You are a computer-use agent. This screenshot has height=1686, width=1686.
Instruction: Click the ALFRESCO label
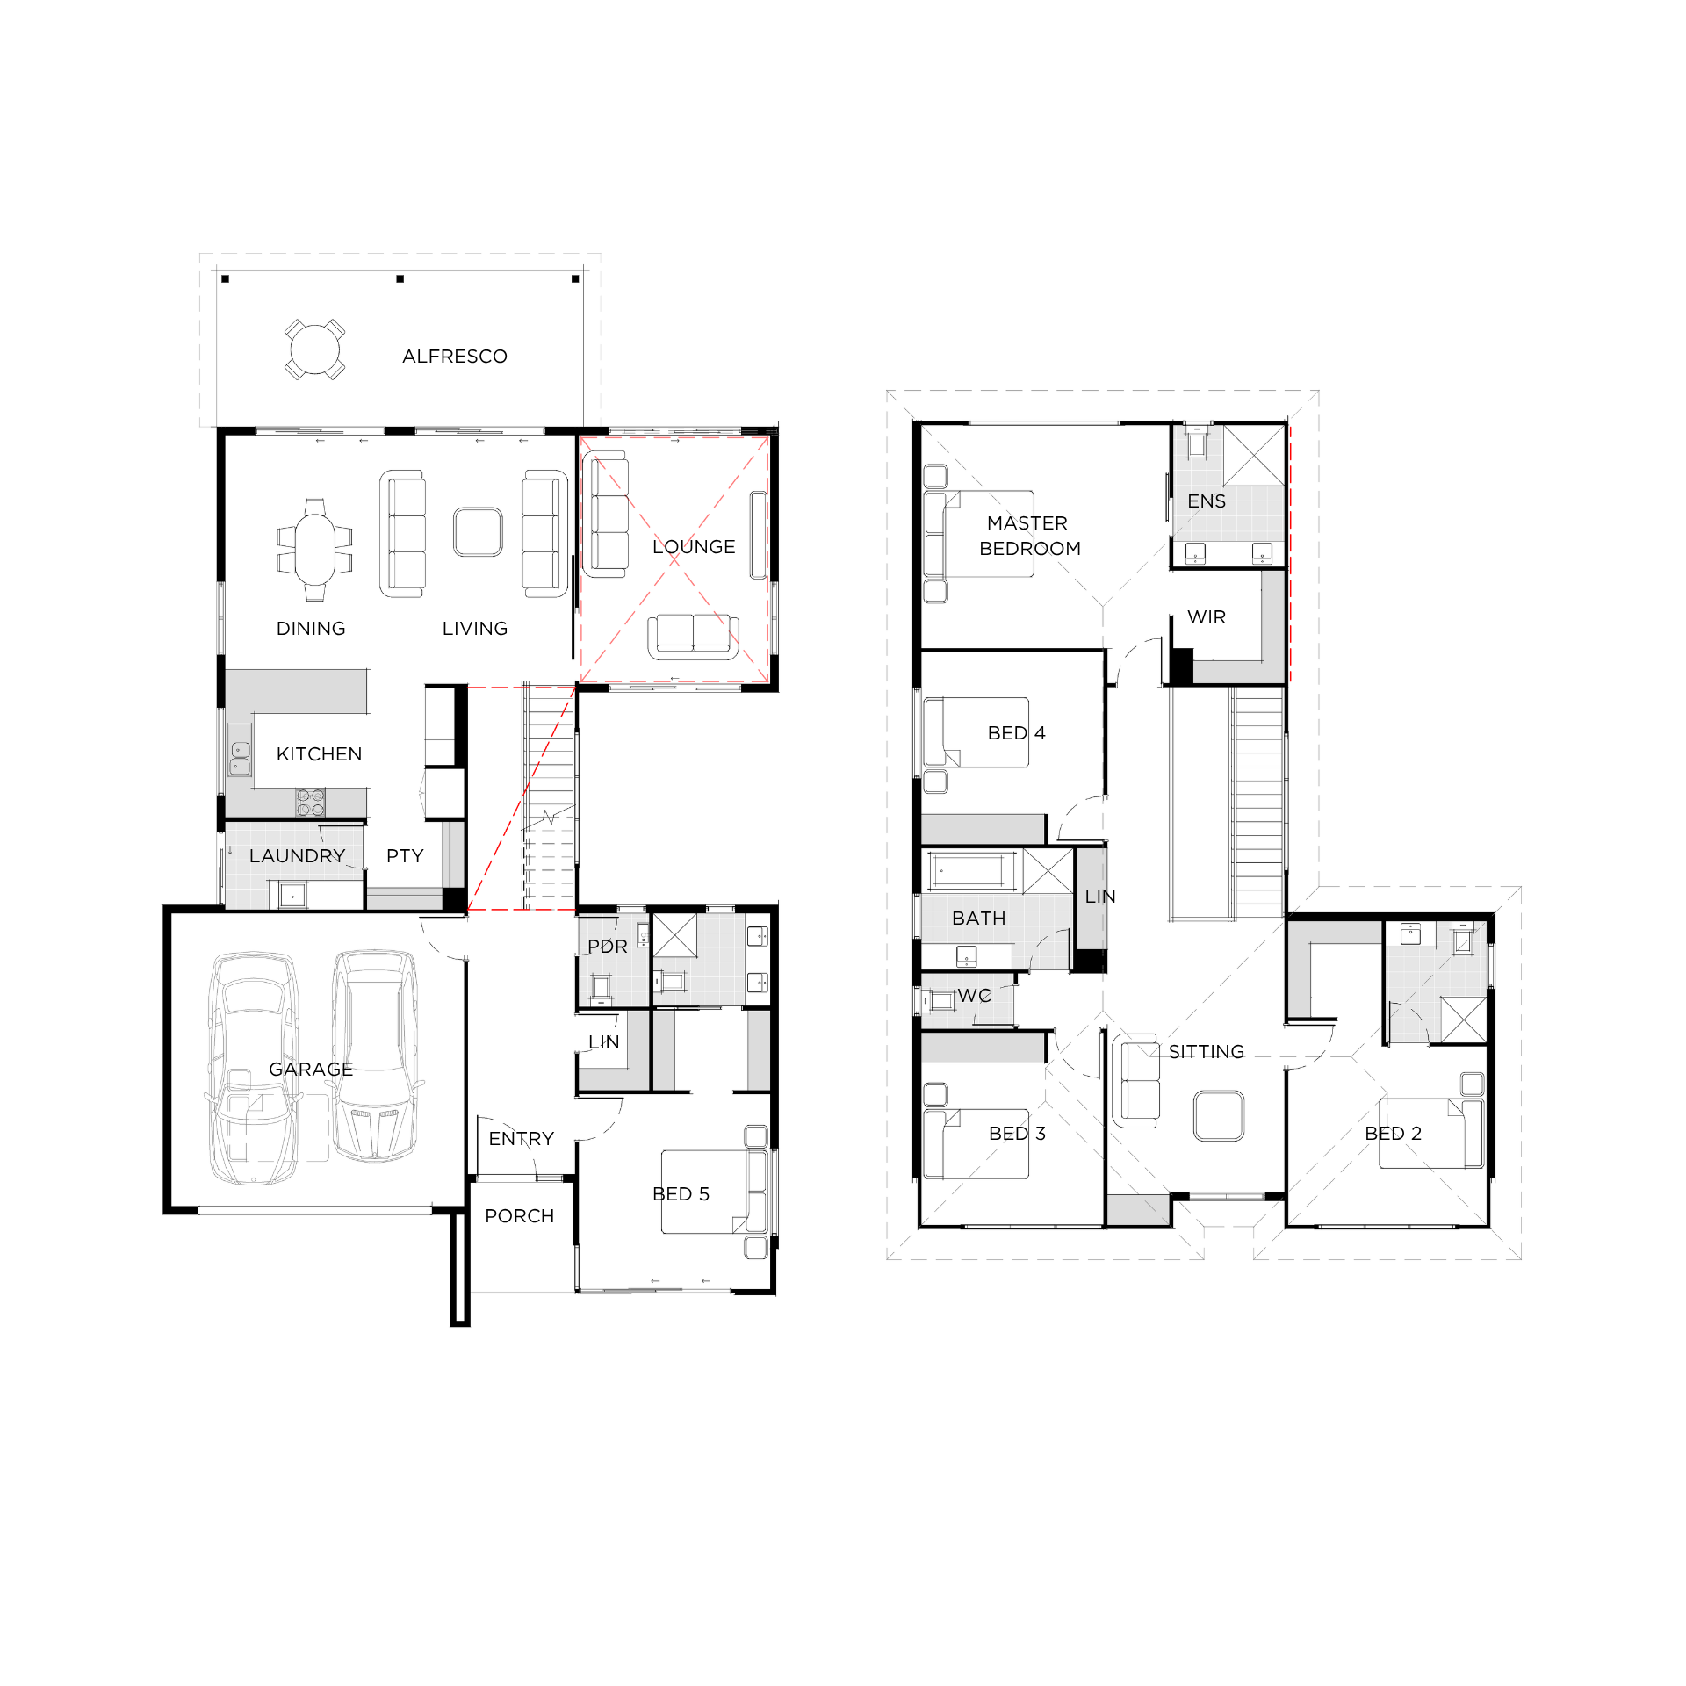(455, 357)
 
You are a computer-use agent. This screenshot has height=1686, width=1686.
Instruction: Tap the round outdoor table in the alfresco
(314, 349)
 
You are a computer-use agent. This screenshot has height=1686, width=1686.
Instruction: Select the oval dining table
(314, 550)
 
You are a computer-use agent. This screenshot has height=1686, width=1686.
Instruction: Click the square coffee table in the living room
(479, 532)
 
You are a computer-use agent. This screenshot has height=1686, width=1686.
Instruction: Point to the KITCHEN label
(319, 754)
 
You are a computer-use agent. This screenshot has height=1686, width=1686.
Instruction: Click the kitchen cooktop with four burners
(310, 803)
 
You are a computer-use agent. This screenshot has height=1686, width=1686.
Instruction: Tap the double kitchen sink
(240, 759)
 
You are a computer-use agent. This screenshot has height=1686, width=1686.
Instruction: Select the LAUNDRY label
(297, 856)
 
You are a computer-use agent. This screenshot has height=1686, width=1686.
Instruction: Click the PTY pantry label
(405, 856)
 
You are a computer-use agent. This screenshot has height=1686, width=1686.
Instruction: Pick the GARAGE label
(311, 1070)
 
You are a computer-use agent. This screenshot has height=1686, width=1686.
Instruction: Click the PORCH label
(520, 1216)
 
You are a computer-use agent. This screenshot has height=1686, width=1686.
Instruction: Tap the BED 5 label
(681, 1194)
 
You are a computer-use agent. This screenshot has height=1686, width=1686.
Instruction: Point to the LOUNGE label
(694, 547)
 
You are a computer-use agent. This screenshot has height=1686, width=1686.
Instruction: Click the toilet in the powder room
(602, 988)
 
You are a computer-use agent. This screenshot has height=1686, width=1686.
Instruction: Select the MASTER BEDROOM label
(1030, 536)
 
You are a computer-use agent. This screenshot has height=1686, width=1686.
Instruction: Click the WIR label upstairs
(1207, 617)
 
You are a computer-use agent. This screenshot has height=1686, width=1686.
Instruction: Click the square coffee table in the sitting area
(1219, 1115)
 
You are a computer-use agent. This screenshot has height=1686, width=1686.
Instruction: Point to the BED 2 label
(1393, 1134)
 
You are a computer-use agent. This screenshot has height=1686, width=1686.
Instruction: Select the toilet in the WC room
(938, 999)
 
